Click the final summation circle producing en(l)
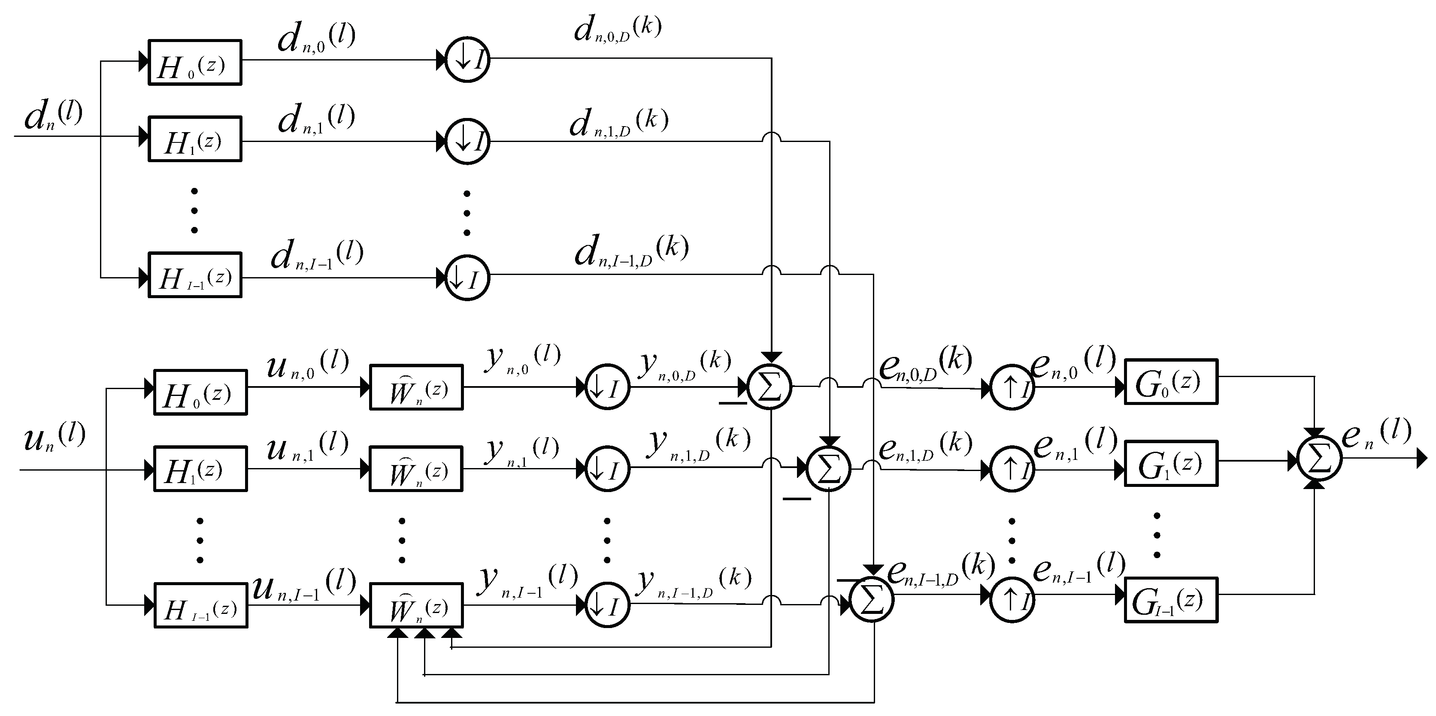1319,458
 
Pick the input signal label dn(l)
53,116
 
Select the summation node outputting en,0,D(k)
769,386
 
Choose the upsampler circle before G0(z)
1012,387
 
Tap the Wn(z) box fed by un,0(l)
416,387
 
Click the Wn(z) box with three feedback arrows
416,605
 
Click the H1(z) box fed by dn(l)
194,139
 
